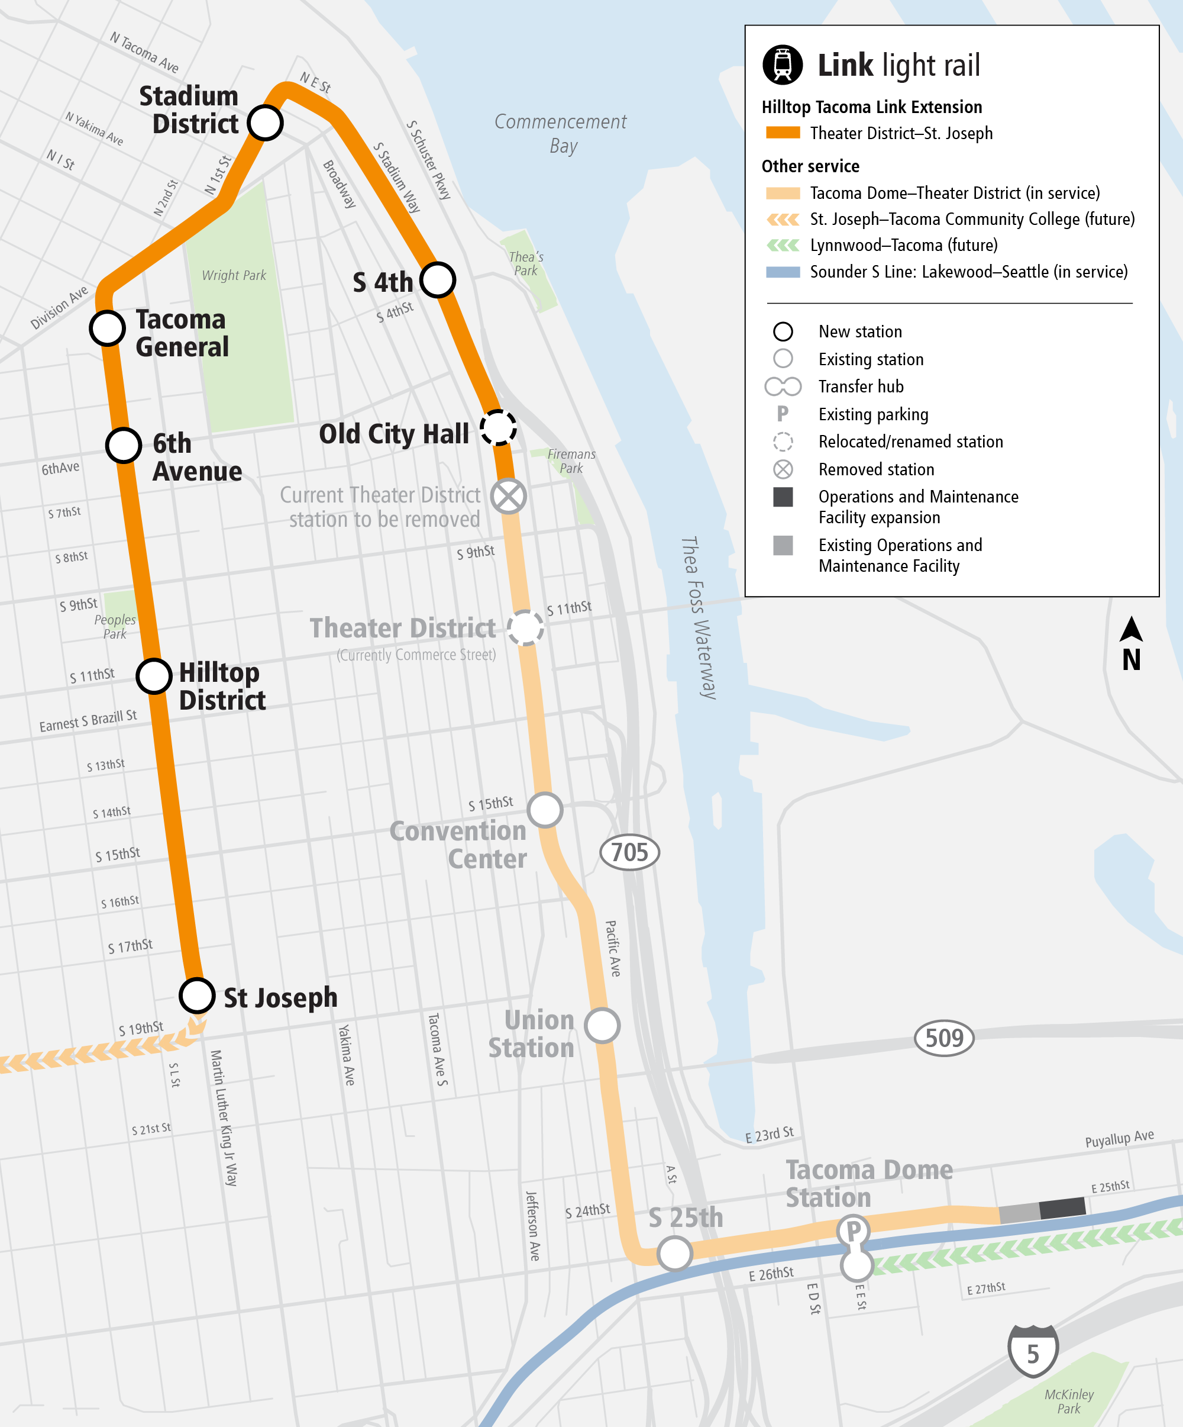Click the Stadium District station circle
265,123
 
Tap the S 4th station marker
437,280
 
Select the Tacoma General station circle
107,328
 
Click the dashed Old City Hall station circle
499,428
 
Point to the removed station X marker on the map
509,497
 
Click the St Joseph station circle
197,996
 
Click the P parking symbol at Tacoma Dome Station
854,1230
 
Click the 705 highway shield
629,852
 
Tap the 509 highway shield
944,1038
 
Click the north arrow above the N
1131,629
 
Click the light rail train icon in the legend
783,65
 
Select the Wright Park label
234,275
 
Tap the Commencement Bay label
561,133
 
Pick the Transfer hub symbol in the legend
783,386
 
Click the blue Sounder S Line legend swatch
783,272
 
